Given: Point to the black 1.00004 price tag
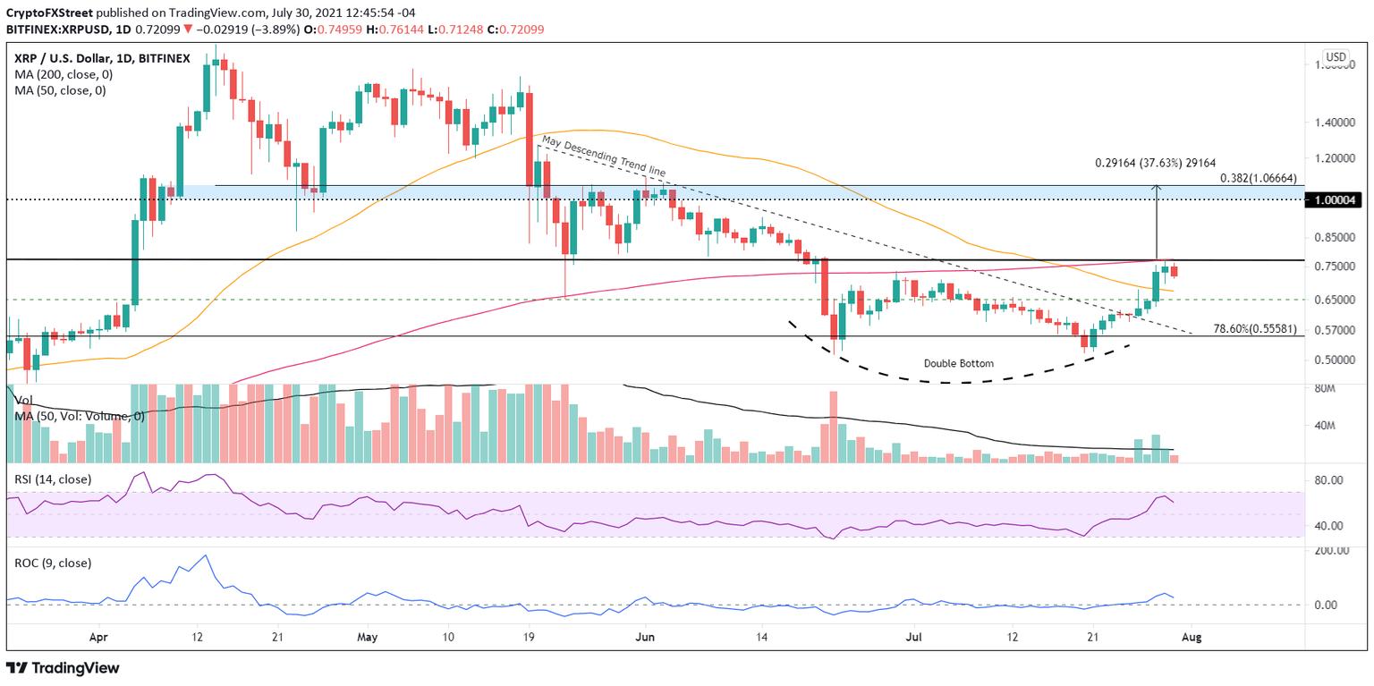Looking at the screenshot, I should coord(1336,199).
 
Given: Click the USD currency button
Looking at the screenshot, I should coord(1336,57).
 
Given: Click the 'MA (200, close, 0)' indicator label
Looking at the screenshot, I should coord(62,74).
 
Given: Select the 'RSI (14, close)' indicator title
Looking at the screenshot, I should coord(53,479).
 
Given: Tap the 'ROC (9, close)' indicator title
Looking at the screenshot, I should coord(51,563).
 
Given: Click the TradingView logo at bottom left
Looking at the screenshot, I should coord(63,668).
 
